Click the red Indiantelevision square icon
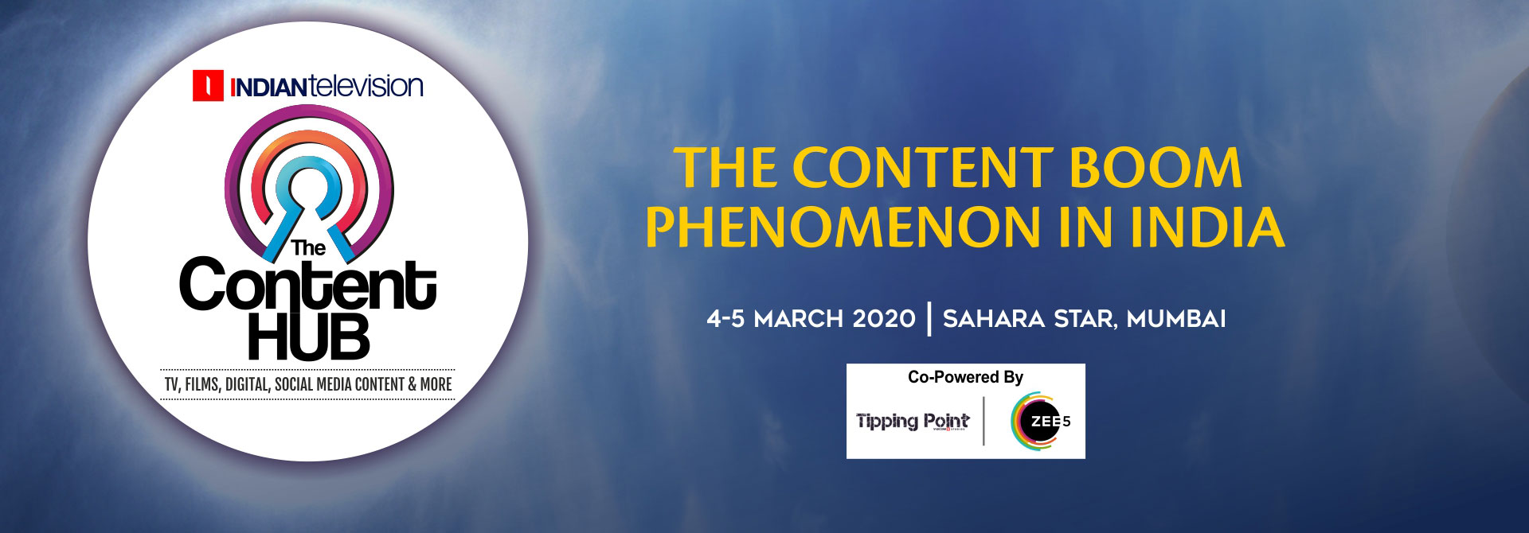click(x=208, y=86)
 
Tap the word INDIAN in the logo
click(x=268, y=87)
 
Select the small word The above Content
click(x=308, y=248)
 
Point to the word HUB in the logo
click(x=309, y=336)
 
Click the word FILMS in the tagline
click(x=202, y=384)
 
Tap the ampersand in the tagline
click(x=413, y=384)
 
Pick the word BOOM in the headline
click(x=1155, y=168)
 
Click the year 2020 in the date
click(x=884, y=319)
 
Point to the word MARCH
click(x=799, y=319)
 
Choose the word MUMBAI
click(x=1176, y=319)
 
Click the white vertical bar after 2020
click(x=929, y=318)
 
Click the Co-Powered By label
click(x=965, y=377)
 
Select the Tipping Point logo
click(x=913, y=421)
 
